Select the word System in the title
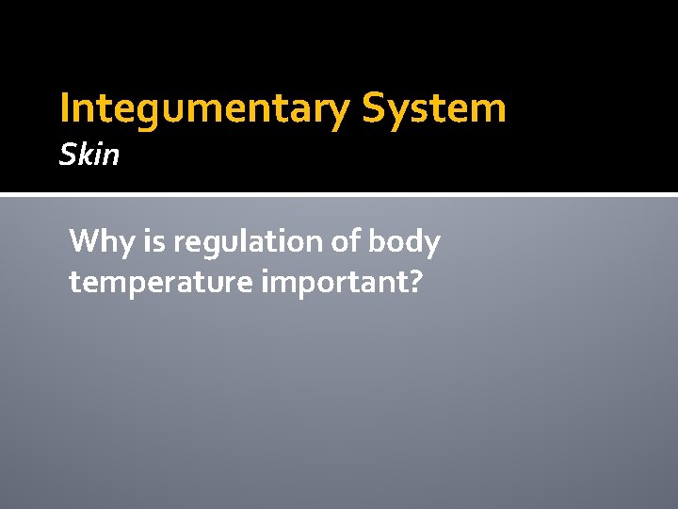pos(434,108)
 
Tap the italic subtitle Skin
pos(89,154)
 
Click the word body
pos(406,243)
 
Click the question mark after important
pos(415,280)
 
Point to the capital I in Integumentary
pos(64,108)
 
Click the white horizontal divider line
pos(339,195)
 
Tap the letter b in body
pos(377,242)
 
